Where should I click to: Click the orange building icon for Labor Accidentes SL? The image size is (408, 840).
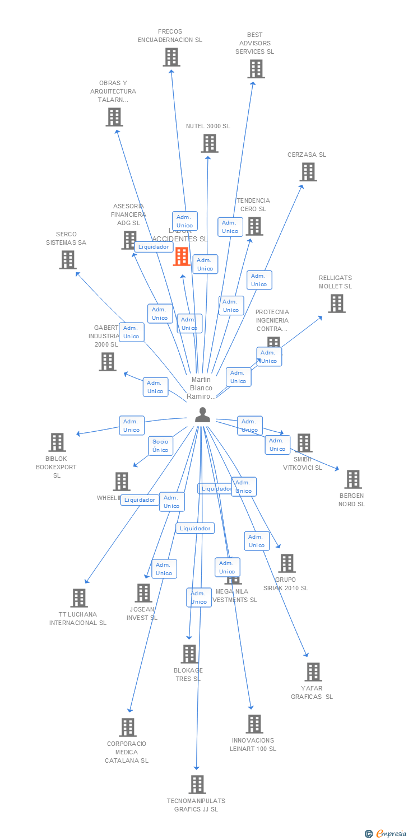point(182,256)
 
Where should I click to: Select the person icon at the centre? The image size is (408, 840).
point(202,415)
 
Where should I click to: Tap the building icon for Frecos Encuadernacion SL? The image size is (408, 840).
point(171,57)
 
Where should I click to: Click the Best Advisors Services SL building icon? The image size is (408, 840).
point(256,69)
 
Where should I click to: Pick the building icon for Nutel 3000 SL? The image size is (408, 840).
point(210,143)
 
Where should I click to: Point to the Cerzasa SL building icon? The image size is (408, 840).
point(308,172)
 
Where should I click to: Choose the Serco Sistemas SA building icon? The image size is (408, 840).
point(68,260)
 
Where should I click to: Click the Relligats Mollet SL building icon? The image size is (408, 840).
point(336,304)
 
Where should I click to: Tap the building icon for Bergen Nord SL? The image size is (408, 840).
point(353,479)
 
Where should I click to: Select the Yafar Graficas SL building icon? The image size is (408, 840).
point(313,672)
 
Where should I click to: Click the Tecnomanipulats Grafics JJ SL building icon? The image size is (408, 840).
point(197,785)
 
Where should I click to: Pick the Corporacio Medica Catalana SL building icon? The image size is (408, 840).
point(128,727)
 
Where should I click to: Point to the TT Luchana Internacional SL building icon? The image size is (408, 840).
point(79,598)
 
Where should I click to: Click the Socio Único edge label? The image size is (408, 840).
point(160,446)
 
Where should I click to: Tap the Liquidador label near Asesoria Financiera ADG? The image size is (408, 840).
point(154,246)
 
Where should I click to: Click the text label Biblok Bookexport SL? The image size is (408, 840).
point(56,467)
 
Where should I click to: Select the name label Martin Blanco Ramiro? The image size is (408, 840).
point(201,388)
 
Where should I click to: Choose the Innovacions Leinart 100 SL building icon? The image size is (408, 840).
point(254,724)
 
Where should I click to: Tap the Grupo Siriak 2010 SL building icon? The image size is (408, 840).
point(286,563)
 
